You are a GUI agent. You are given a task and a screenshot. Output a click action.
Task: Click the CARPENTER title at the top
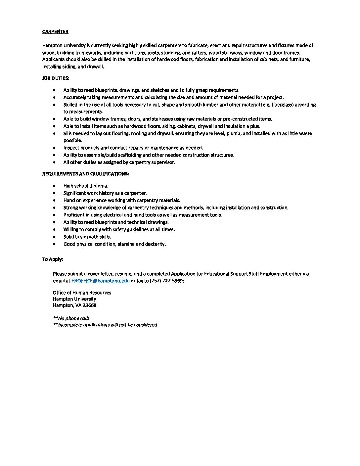(x=55, y=31)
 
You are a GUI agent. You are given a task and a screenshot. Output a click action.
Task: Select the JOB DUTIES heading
(x=56, y=78)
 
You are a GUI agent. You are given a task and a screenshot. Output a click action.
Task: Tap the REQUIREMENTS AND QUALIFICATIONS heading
(x=85, y=174)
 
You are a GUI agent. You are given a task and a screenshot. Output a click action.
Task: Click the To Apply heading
(x=52, y=259)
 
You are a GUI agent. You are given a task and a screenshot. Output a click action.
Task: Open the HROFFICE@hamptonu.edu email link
(x=100, y=280)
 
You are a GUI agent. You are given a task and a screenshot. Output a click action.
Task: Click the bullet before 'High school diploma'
(x=54, y=186)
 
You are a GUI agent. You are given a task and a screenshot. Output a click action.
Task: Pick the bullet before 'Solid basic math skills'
(x=54, y=237)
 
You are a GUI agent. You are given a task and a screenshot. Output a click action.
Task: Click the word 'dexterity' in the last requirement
(x=155, y=244)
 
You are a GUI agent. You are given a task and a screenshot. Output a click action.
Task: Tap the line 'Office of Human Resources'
(x=82, y=293)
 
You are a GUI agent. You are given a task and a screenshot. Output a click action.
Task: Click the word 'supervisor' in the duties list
(x=162, y=162)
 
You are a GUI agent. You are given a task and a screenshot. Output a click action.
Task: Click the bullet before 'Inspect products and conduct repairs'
(x=54, y=148)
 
